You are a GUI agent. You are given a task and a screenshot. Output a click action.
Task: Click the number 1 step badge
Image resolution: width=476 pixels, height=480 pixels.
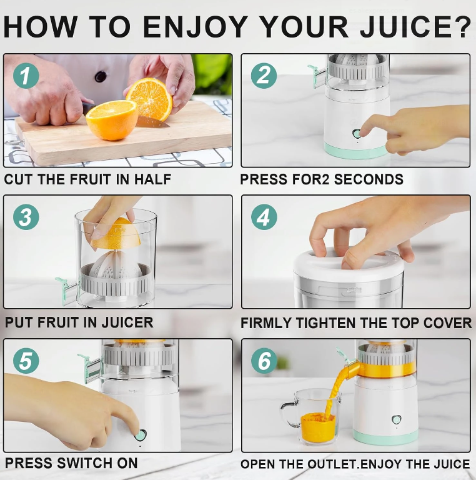(26, 76)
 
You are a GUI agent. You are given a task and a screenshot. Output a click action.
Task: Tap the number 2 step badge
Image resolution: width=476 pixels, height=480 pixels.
(264, 76)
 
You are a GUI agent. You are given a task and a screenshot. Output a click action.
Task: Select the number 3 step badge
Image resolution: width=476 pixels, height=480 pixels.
(26, 217)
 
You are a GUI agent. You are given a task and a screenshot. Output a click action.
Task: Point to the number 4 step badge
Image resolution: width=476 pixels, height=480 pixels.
(264, 217)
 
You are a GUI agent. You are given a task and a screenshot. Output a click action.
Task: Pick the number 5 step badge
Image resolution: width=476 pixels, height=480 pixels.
(26, 360)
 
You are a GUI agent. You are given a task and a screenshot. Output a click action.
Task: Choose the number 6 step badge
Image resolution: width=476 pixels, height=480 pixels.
(264, 360)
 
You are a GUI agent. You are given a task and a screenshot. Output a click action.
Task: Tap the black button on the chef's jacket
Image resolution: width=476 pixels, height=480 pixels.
(101, 76)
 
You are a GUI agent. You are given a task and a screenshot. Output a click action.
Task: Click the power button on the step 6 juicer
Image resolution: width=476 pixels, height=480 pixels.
(397, 419)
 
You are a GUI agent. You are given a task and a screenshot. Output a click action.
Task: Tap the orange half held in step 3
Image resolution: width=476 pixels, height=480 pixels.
(116, 234)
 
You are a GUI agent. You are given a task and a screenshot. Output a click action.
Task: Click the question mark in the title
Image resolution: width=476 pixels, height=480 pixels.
(461, 26)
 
